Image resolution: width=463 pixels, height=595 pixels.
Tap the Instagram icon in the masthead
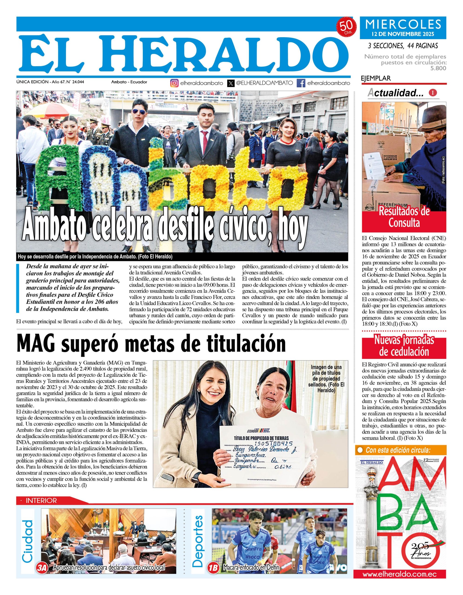tap(174, 83)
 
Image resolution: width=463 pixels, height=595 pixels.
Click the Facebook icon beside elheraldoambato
tap(301, 83)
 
